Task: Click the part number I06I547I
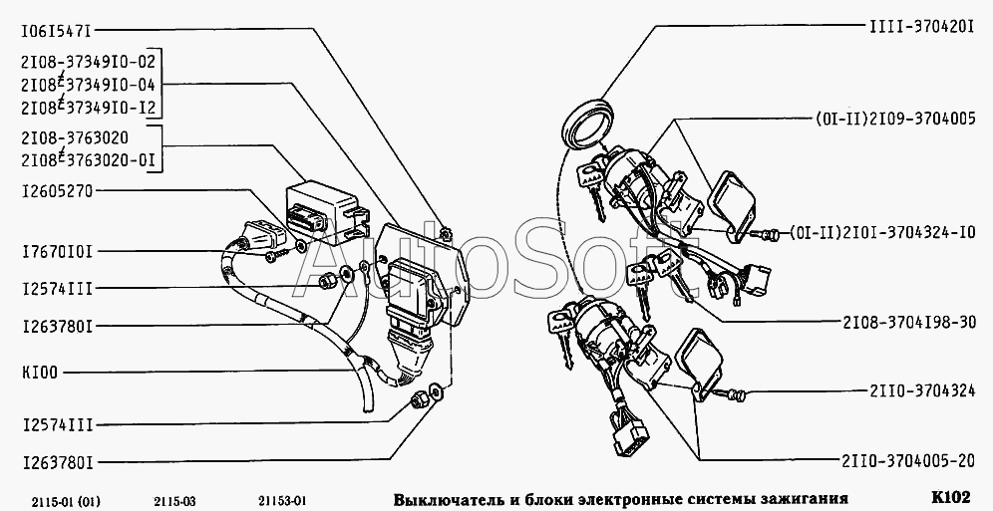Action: tap(57, 29)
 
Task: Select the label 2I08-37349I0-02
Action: tap(88, 62)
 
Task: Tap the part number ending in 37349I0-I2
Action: tap(88, 108)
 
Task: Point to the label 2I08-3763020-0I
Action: tap(88, 160)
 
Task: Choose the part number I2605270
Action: tap(57, 191)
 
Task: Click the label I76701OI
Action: tap(57, 252)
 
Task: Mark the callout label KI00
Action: tap(39, 373)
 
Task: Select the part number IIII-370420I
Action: tap(921, 26)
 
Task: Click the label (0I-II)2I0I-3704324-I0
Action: tap(882, 232)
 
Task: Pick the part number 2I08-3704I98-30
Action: tap(909, 322)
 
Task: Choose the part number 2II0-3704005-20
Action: tap(908, 461)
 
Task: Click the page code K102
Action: tap(950, 496)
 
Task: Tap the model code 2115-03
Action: tap(174, 502)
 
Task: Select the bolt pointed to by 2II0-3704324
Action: tap(732, 394)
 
